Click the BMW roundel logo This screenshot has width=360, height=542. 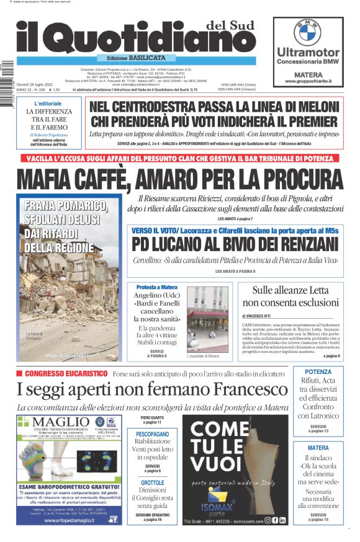[307, 31]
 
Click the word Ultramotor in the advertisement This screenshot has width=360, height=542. [308, 53]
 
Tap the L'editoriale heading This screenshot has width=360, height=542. [48, 103]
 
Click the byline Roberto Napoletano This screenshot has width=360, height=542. [50, 134]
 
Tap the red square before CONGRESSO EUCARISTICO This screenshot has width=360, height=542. [19, 373]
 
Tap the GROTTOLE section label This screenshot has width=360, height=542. [152, 482]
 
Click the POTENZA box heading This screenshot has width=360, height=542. [318, 372]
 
